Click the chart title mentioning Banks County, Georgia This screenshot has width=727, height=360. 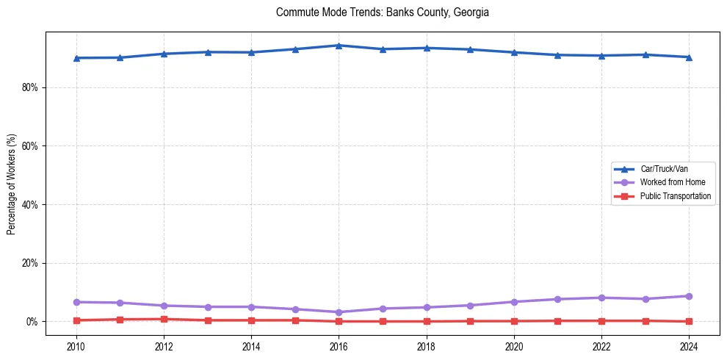(x=382, y=12)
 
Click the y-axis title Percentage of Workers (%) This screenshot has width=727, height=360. (x=12, y=184)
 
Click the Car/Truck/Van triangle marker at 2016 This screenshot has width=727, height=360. (x=339, y=46)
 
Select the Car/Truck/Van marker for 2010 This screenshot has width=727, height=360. (x=76, y=58)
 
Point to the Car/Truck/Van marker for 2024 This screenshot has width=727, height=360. (x=689, y=57)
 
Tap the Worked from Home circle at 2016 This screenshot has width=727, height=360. (x=339, y=312)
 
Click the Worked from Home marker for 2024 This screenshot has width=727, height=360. (x=689, y=296)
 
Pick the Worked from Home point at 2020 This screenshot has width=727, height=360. (x=514, y=302)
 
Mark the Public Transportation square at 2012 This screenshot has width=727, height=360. (x=164, y=319)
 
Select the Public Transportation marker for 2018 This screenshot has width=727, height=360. (x=427, y=321)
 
